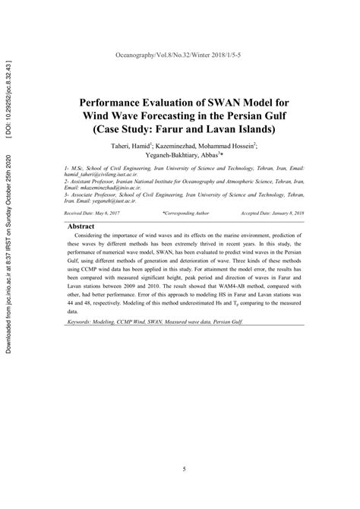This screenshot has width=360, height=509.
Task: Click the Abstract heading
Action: [x=86, y=226]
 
